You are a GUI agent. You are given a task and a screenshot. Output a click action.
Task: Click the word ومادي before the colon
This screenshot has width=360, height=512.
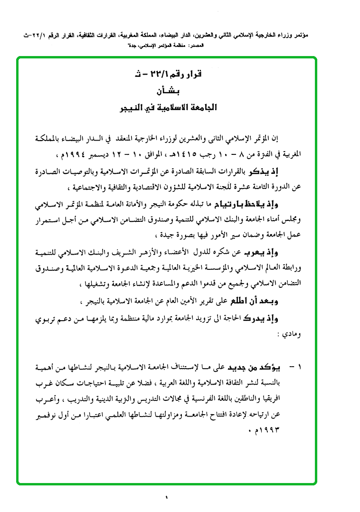coord(294,334)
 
